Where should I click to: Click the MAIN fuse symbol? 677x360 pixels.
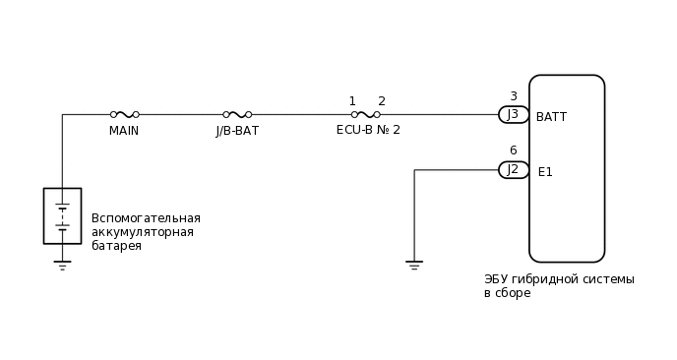coord(124,114)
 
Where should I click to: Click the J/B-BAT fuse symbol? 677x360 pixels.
coord(237,114)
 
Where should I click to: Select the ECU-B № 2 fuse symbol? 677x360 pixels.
coord(365,114)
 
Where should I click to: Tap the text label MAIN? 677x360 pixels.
coord(124,131)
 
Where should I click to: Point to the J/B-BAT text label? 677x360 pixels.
coord(237,131)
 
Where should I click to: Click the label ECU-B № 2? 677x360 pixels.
coord(368,130)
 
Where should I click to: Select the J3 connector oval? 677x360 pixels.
coord(514,114)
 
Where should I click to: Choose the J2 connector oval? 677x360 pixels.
coord(514,169)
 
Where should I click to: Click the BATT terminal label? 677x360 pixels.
coord(551,117)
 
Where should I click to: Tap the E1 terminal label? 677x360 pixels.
coord(545,172)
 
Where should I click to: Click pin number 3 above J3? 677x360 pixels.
coord(513,96)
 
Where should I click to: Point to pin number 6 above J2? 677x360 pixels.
coord(513,150)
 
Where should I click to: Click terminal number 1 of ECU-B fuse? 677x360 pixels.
coord(352,101)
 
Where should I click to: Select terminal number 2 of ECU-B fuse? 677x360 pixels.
coord(382,101)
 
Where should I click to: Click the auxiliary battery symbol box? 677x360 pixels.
coord(62,215)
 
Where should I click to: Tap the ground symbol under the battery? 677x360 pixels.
coord(62,265)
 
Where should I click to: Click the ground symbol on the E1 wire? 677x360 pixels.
coord(414,265)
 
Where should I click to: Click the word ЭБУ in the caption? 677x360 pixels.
coord(495,279)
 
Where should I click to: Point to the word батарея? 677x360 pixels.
coord(116,246)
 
